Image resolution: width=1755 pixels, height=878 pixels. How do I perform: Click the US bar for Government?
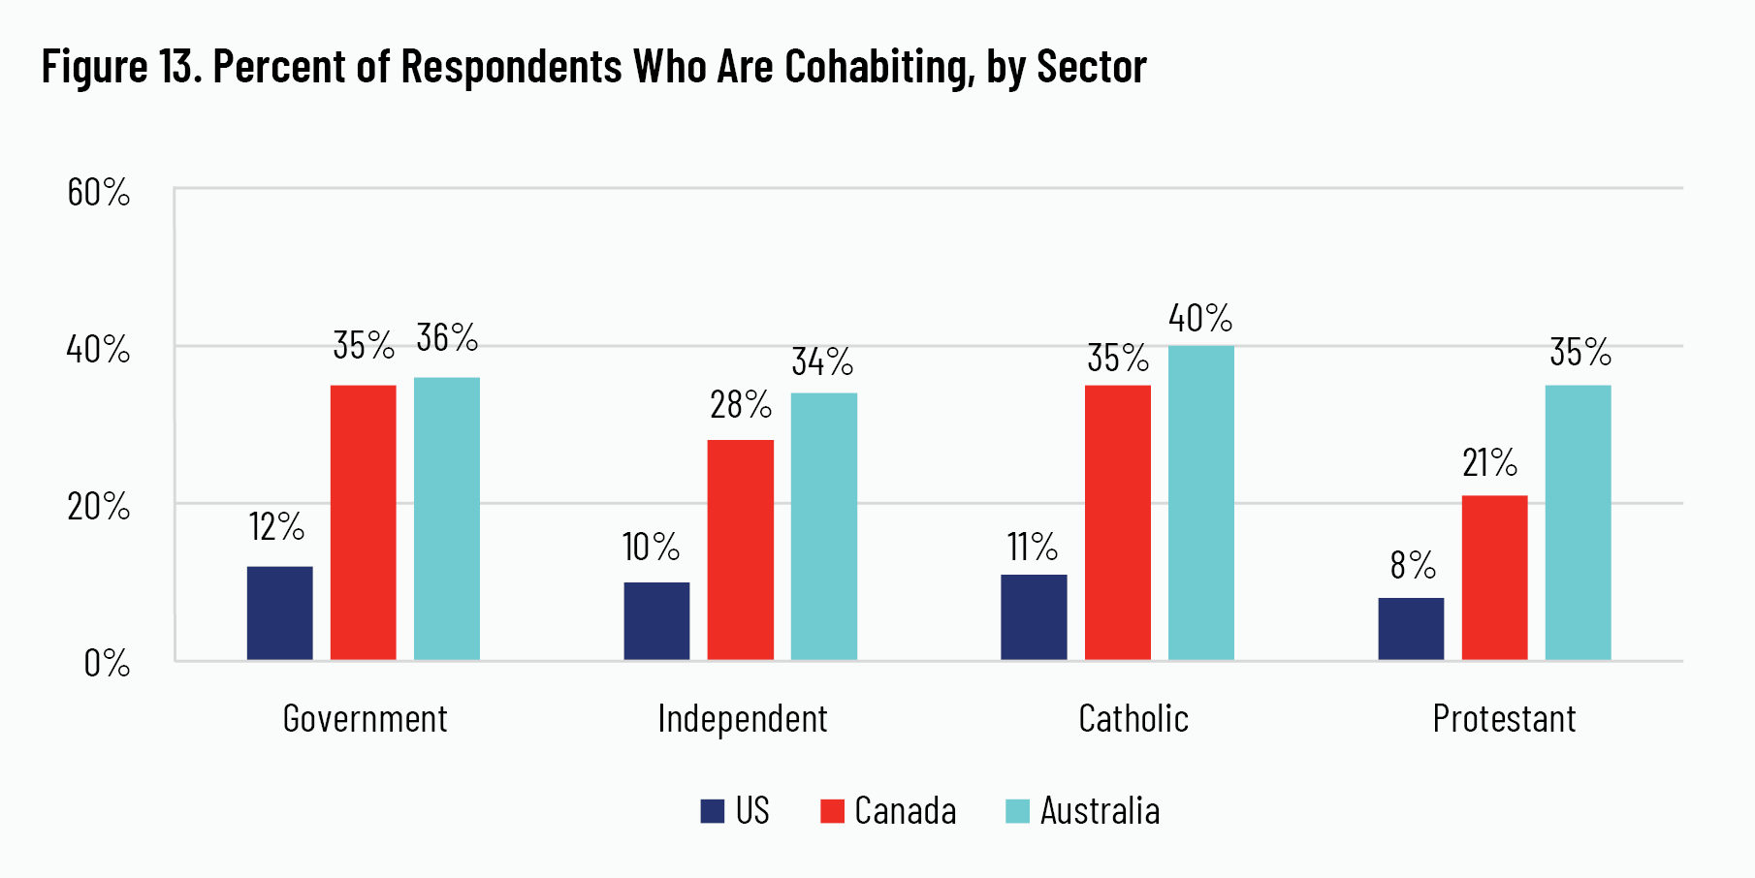tap(279, 613)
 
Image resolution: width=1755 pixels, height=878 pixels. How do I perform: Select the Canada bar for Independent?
tap(740, 549)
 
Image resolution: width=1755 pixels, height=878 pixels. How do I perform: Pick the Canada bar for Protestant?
tap(1494, 578)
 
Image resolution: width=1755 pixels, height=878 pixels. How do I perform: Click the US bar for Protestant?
tap(1411, 629)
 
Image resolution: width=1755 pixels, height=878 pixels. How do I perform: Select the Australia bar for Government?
tap(447, 518)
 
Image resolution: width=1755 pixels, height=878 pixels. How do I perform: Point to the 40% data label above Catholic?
tap(1200, 318)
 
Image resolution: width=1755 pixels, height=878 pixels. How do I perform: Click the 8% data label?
tap(1412, 565)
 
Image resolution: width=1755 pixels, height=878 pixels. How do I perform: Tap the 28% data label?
tap(741, 405)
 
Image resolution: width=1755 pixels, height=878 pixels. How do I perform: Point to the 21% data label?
tap(1489, 463)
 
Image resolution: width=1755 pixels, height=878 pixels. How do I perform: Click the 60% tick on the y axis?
tap(98, 193)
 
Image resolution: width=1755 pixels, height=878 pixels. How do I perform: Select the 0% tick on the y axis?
tap(107, 664)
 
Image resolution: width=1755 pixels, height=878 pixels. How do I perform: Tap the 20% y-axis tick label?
tap(98, 507)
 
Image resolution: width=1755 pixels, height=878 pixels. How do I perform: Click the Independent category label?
tap(743, 719)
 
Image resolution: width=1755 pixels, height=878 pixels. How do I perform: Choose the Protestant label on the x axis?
tap(1504, 719)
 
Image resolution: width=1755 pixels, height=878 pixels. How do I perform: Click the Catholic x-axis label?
tap(1133, 719)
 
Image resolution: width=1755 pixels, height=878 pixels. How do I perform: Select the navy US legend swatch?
tap(713, 811)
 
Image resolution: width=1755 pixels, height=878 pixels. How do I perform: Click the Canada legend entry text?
tap(905, 811)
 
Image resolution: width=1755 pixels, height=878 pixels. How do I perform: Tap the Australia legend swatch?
tap(1017, 811)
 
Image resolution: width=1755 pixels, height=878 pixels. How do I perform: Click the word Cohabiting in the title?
tap(878, 66)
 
